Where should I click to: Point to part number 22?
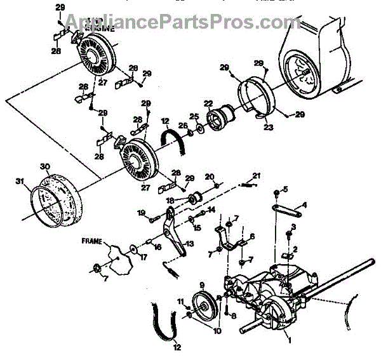click(x=208, y=103)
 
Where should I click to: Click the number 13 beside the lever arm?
click(x=189, y=244)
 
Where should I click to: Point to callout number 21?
click(x=257, y=175)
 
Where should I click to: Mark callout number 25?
click(x=195, y=116)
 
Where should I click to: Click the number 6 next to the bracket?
click(x=252, y=236)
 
